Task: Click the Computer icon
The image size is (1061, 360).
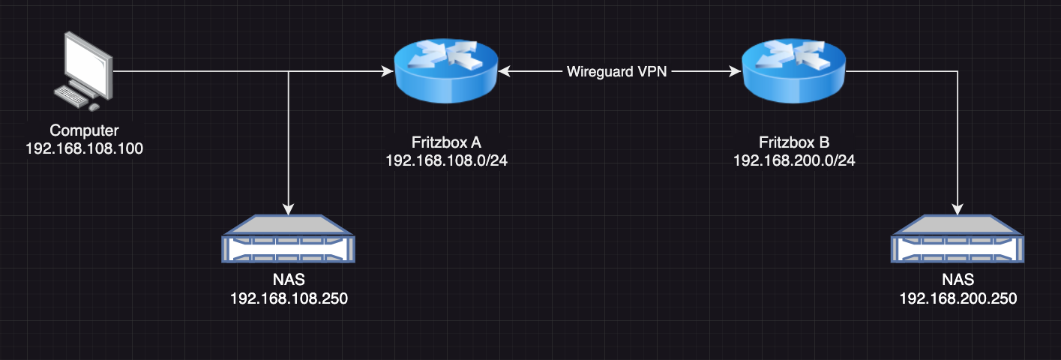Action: [83, 71]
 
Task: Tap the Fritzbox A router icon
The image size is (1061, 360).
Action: [445, 71]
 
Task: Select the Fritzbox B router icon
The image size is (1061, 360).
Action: [793, 71]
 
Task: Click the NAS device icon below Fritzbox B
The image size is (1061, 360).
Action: [958, 238]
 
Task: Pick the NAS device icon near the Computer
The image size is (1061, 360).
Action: [288, 238]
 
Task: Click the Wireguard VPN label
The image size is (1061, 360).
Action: [616, 71]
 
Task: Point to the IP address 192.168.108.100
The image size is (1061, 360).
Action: [84, 148]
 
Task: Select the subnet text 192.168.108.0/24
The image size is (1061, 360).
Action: [446, 160]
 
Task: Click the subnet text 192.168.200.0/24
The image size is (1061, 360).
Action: [794, 160]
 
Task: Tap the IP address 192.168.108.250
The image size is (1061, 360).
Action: [289, 298]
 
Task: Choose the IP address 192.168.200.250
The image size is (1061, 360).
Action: [958, 298]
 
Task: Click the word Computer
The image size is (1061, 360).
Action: [84, 130]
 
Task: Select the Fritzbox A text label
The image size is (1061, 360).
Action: [446, 142]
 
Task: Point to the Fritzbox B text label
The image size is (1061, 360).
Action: [794, 142]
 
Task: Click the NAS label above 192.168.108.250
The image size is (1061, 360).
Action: [289, 280]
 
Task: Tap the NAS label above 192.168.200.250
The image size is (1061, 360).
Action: [958, 280]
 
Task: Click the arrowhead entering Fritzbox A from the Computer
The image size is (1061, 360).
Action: [388, 71]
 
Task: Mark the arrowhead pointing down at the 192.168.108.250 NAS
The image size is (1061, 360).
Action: [288, 209]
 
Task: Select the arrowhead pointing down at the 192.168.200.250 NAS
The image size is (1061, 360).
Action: [958, 209]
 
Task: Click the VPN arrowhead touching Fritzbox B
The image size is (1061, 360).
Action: [735, 71]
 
